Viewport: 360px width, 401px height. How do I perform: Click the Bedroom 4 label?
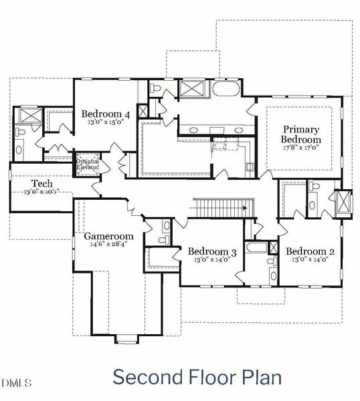tap(106, 114)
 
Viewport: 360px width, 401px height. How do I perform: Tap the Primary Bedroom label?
tap(300, 134)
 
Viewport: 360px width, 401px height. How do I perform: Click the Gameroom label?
tap(108, 236)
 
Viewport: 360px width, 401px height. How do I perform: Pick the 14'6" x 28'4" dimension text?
tap(108, 245)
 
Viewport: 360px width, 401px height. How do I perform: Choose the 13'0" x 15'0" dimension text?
tap(106, 123)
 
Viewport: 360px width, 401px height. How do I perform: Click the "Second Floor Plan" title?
tap(197, 377)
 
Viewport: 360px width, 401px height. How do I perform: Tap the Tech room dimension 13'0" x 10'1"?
tap(41, 192)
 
